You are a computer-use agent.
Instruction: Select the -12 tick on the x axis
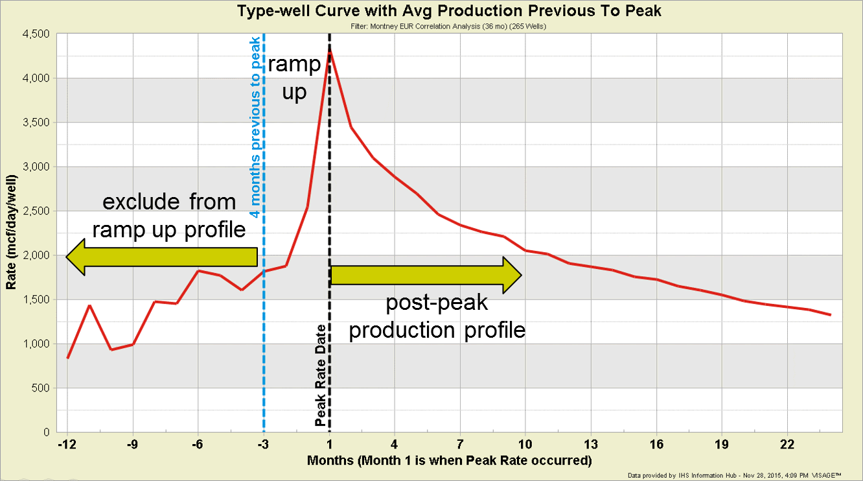pyautogui.click(x=67, y=445)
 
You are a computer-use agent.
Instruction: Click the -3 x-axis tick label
pyautogui.click(x=264, y=445)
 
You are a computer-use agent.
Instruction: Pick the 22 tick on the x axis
pyautogui.click(x=787, y=445)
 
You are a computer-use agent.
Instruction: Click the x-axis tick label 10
pyautogui.click(x=525, y=445)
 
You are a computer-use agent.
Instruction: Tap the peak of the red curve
pyautogui.click(x=330, y=50)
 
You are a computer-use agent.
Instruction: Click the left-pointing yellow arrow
pyautogui.click(x=162, y=257)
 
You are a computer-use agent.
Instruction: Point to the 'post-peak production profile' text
pyautogui.click(x=437, y=317)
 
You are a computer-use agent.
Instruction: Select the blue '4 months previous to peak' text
pyautogui.click(x=255, y=126)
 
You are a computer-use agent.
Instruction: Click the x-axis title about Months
pyautogui.click(x=450, y=461)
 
